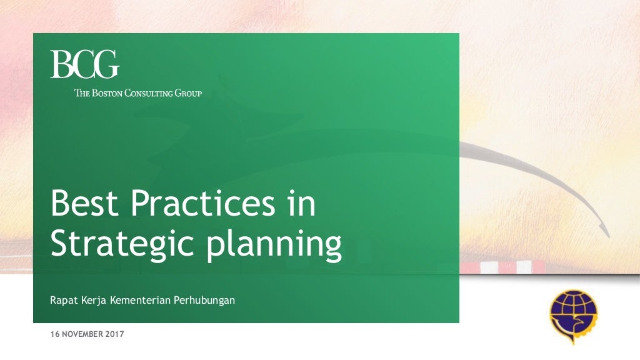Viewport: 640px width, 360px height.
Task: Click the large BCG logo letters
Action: (x=84, y=64)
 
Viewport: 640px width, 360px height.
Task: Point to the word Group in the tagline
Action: (x=188, y=94)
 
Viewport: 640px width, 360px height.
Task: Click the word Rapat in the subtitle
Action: (x=63, y=301)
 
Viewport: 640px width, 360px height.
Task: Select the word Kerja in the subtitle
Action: (x=93, y=301)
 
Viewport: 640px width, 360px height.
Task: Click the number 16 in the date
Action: (x=54, y=334)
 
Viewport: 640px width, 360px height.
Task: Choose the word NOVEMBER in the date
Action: (x=82, y=334)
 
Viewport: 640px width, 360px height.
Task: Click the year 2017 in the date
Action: (x=116, y=334)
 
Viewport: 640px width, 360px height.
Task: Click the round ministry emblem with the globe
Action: (x=572, y=316)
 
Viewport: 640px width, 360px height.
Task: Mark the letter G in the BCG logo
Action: (x=106, y=64)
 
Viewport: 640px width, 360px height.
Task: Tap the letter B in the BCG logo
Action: (x=61, y=64)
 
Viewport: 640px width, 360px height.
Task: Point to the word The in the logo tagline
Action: (x=82, y=94)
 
